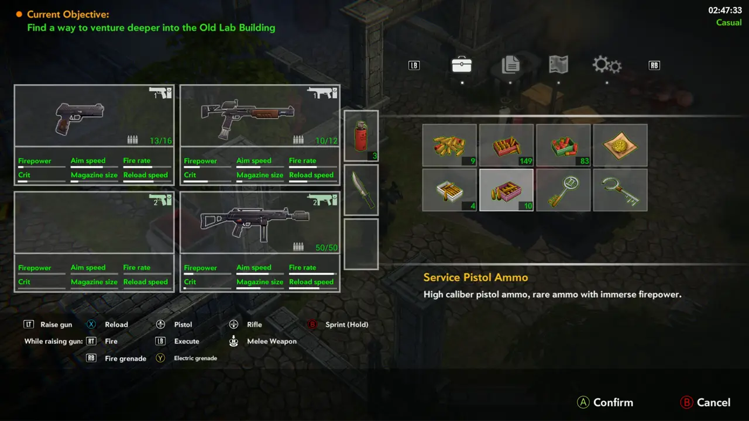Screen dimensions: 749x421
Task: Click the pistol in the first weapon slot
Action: (x=79, y=118)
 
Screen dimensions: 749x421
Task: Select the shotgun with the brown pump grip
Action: (x=248, y=118)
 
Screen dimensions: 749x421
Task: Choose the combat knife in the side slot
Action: (x=362, y=190)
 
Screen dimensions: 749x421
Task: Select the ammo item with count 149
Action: (x=506, y=146)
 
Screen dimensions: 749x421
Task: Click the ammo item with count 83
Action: (x=563, y=146)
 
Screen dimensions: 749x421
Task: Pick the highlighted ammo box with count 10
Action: (x=506, y=190)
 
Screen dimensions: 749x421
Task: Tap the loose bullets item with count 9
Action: (x=449, y=146)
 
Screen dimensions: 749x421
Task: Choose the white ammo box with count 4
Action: (x=449, y=190)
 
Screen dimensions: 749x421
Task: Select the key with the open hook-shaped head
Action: (x=620, y=191)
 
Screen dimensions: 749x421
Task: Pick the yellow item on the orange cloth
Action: (x=620, y=146)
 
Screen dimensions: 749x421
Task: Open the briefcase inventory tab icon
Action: (x=462, y=64)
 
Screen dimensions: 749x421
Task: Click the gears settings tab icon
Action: (x=607, y=64)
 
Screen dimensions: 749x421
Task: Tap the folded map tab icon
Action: (x=558, y=64)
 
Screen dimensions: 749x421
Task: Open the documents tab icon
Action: (x=511, y=64)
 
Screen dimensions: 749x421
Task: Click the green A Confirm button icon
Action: (x=583, y=402)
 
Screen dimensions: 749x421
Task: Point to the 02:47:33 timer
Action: (x=725, y=11)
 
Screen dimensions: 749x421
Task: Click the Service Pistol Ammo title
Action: (x=476, y=277)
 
